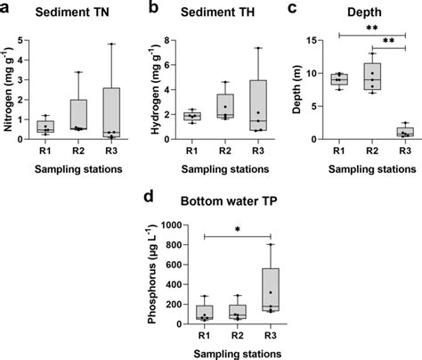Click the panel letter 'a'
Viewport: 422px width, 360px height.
point(8,7)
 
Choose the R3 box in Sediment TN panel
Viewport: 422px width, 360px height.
point(111,113)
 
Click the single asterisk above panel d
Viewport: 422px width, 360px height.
point(238,232)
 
